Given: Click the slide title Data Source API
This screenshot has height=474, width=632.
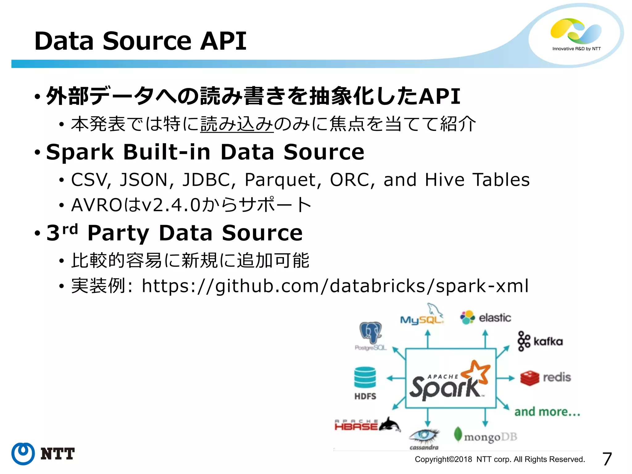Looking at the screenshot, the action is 140,41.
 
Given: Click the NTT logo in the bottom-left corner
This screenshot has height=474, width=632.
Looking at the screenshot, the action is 43,454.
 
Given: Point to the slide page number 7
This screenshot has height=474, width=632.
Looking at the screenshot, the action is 607,459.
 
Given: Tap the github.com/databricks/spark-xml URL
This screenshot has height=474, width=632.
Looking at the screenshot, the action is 335,286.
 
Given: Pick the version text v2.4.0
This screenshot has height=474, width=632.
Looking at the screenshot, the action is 170,205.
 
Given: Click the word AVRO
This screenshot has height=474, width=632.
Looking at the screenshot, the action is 97,205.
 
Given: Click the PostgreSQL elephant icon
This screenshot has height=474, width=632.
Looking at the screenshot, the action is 370,333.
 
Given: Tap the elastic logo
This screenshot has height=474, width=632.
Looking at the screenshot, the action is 485,318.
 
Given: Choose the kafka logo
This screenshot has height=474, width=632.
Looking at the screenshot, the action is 540,341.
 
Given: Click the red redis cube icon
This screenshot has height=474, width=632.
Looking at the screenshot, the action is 530,378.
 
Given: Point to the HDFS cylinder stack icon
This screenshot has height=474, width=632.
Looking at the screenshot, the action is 365,377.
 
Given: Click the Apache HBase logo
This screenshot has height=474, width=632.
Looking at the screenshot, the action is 367,425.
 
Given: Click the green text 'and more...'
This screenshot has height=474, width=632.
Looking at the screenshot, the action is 547,412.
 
